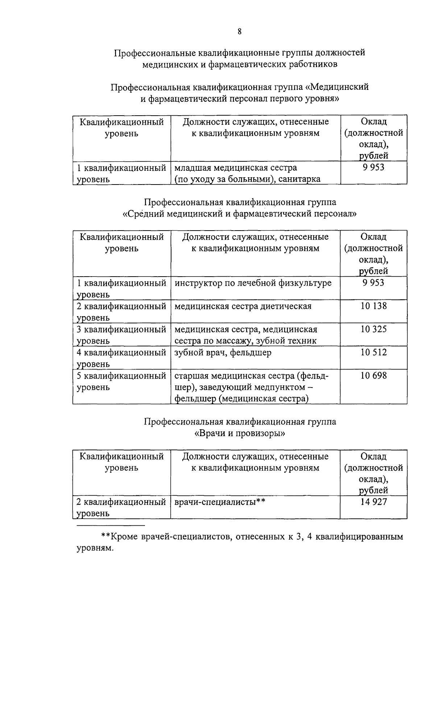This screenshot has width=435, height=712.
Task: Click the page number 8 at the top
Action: pyautogui.click(x=240, y=32)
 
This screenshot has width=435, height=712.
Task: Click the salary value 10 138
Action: pyautogui.click(x=373, y=306)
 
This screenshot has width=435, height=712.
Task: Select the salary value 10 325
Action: pyautogui.click(x=373, y=329)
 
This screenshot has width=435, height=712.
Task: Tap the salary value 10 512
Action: pyautogui.click(x=373, y=352)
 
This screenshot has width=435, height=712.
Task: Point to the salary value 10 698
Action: pyautogui.click(x=373, y=376)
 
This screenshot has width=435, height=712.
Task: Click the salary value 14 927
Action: pyautogui.click(x=373, y=502)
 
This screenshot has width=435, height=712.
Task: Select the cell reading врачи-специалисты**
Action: pyautogui.click(x=220, y=502)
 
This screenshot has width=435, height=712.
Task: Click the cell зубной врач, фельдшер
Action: pyautogui.click(x=223, y=352)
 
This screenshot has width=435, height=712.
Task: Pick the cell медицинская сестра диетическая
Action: pyautogui.click(x=243, y=306)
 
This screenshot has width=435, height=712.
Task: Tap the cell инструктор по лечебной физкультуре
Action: pyautogui.click(x=253, y=283)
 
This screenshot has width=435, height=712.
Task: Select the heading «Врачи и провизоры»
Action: pyautogui.click(x=240, y=434)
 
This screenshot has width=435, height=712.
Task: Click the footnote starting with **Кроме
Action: pyautogui.click(x=240, y=542)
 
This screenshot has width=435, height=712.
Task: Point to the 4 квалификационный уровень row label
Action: pyautogui.click(x=121, y=357)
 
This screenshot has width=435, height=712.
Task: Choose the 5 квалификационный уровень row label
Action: pyautogui.click(x=121, y=381)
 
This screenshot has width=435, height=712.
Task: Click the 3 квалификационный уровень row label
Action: pyautogui.click(x=121, y=335)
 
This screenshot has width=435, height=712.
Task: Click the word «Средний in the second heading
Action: pyautogui.click(x=144, y=214)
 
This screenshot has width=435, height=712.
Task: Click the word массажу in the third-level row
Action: pyautogui.click(x=237, y=341)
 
